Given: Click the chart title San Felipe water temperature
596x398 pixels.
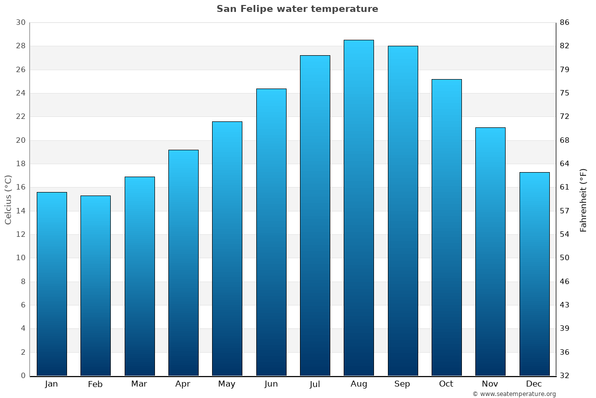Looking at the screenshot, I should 297,9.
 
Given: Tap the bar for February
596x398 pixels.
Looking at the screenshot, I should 95,286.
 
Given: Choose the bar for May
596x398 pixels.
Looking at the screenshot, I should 227,249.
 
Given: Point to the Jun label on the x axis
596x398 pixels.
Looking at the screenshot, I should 271,384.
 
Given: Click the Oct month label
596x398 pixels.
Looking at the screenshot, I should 446,384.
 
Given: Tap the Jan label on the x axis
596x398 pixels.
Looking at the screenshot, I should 51,384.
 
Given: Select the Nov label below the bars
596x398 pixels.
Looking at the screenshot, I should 490,384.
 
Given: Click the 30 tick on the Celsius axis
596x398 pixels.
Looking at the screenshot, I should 20,22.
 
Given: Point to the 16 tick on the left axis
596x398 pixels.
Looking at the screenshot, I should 20,188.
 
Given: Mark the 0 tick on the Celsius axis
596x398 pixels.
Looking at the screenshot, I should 23,376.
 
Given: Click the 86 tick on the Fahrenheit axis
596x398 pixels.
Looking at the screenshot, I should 565,22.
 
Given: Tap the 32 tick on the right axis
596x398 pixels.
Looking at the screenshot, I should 565,376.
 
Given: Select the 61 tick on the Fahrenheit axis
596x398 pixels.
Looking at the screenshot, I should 565,188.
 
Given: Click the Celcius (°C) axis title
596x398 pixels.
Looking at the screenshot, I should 8,199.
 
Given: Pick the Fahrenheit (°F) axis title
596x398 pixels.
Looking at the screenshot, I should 584,199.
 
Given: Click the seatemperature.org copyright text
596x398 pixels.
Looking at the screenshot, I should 514,394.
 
